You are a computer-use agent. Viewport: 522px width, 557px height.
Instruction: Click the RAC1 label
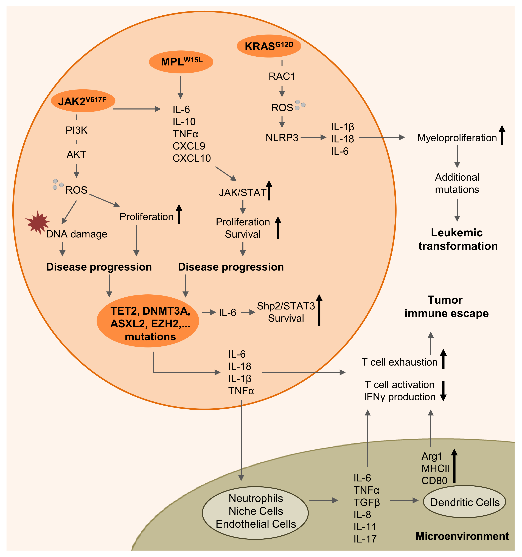tap(282, 76)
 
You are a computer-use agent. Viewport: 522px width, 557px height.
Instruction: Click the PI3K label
tap(77, 130)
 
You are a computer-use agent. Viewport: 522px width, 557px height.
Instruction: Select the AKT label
tap(76, 154)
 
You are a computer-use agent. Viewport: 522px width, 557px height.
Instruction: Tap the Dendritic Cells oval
tap(465, 501)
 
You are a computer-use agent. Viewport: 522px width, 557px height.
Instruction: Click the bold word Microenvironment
tap(462, 536)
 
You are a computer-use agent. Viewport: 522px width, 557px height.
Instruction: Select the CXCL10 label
tap(192, 158)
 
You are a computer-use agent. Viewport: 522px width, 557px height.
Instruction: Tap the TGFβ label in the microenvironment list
tap(367, 502)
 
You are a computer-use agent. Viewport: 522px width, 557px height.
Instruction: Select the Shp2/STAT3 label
tap(286, 306)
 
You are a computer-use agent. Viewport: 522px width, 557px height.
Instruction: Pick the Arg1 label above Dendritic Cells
tap(432, 456)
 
